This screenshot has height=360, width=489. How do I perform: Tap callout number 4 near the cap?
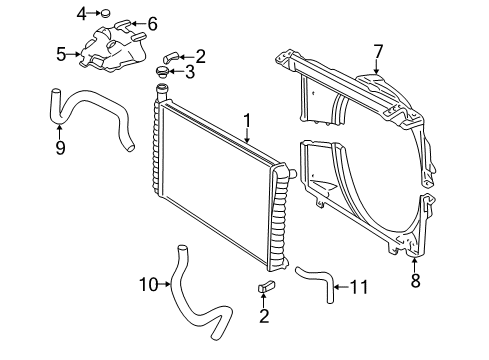pos(81,13)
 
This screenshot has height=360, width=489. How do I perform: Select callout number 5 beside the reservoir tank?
pos(61,54)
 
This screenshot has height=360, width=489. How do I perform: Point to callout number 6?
pos(152,23)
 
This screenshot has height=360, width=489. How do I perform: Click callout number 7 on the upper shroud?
pos(378,51)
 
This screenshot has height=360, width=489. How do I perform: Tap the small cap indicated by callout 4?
pos(103,13)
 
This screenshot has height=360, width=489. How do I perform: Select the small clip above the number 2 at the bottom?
pos(266,288)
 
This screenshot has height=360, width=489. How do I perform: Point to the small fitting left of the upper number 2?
pos(172,56)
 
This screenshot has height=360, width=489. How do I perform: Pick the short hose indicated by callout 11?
pos(318,280)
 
